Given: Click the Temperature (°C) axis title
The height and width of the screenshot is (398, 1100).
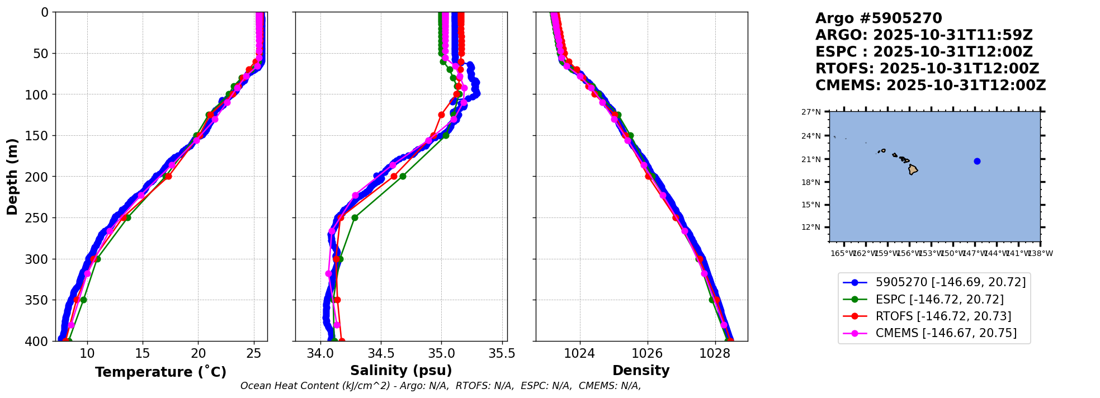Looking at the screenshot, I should [160, 372].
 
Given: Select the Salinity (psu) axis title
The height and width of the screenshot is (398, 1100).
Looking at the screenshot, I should [401, 371].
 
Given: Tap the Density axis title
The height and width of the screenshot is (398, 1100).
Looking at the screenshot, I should [641, 371].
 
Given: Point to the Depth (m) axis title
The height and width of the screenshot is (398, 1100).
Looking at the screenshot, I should [12, 176].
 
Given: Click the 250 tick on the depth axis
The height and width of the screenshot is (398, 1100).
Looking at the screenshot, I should [41, 217].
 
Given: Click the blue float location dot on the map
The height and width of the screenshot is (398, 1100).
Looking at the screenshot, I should [977, 161].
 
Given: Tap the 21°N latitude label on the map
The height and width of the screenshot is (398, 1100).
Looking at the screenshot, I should [811, 159].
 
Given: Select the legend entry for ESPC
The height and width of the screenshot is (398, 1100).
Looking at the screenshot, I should [940, 300].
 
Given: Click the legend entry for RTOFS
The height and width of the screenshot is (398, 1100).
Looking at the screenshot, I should [943, 316].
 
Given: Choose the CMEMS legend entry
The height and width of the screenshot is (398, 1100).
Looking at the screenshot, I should [946, 333].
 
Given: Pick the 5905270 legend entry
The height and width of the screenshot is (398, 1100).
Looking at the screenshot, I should [951, 283].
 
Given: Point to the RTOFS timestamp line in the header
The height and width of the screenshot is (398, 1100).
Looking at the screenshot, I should [927, 69].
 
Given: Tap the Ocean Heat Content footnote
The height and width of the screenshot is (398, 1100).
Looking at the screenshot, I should [441, 386].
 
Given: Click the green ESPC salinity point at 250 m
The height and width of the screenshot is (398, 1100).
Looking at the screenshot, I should [355, 217].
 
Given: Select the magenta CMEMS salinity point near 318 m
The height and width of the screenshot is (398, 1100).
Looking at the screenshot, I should [329, 273].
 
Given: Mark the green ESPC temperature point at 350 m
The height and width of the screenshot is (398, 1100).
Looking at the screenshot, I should [83, 300].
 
